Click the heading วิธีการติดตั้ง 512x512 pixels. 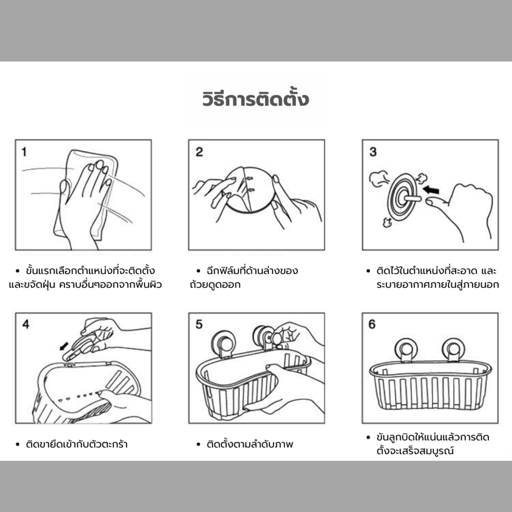255,99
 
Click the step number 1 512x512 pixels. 24,152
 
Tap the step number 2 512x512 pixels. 199,152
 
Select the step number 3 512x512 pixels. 373,152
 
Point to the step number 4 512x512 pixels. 26,324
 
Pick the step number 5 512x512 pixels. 199,324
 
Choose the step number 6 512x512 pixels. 372,324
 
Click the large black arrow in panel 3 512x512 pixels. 431,190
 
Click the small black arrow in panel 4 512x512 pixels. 64,346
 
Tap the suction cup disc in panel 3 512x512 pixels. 402,197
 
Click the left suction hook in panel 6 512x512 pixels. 406,350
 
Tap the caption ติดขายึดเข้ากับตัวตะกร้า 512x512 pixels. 77,444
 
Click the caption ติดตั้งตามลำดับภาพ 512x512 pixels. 250,444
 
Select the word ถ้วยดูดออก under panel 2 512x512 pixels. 215,284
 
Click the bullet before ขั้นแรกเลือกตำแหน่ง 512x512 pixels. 17,271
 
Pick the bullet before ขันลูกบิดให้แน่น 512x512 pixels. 368,437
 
